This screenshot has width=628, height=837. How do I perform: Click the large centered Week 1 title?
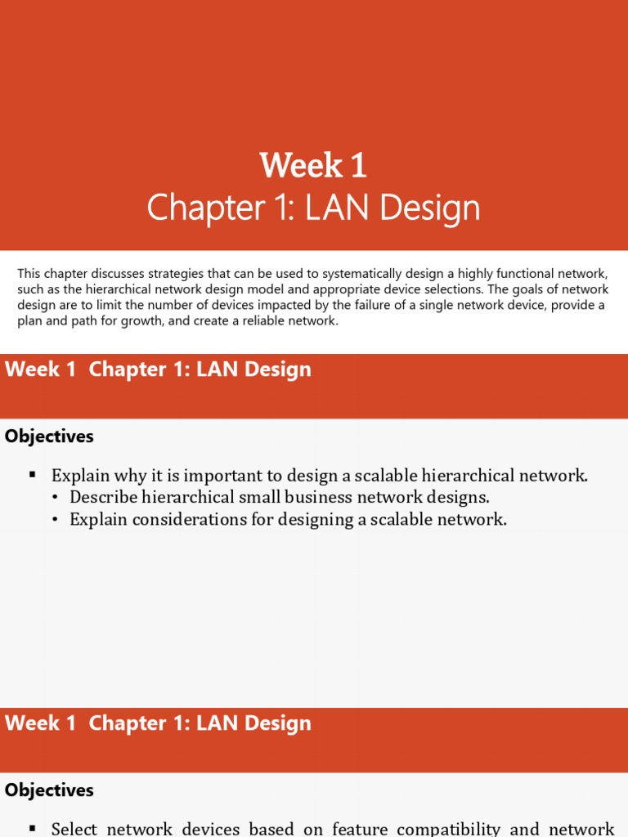coord(313,166)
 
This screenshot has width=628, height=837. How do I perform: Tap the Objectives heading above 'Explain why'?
coord(49,436)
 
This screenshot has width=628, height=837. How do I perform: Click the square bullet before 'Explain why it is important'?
coord(33,475)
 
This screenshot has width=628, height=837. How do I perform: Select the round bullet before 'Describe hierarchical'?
coord(55,498)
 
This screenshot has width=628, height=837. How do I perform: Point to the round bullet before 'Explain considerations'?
coord(55,520)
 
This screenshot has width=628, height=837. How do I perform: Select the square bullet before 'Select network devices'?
coord(33,829)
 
